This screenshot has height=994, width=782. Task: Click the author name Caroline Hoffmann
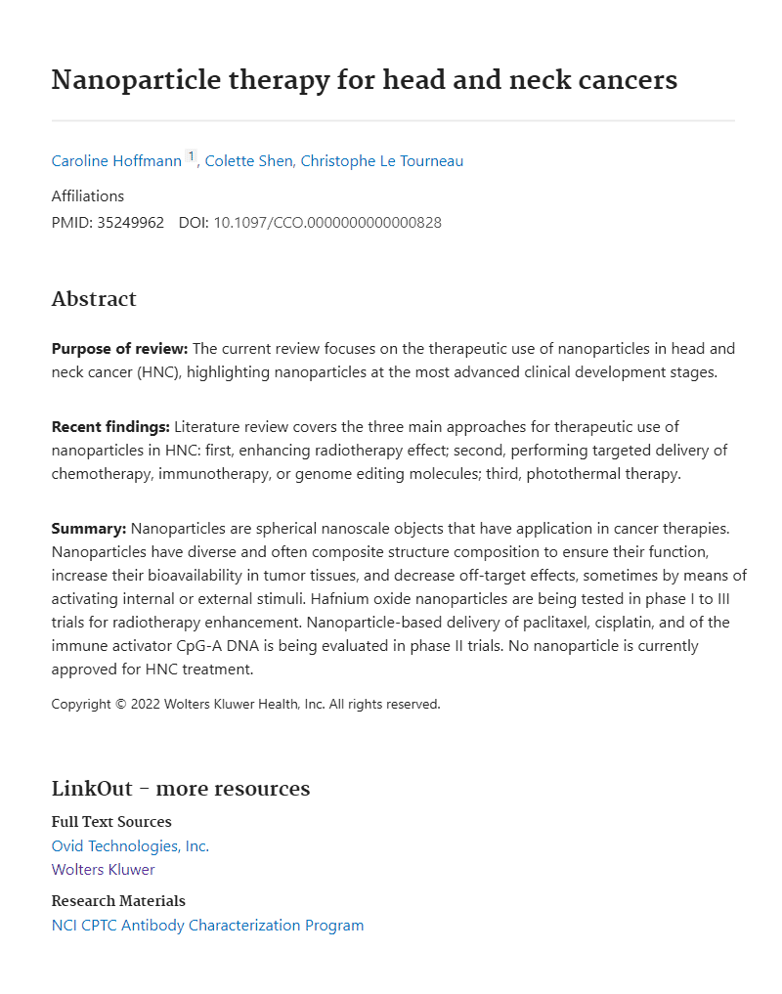pyautogui.click(x=116, y=161)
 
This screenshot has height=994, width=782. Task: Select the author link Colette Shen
pyautogui.click(x=248, y=161)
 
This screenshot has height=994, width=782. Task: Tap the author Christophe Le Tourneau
pyautogui.click(x=382, y=161)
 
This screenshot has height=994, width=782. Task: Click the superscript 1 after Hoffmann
pyautogui.click(x=192, y=156)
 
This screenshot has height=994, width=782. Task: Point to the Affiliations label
pyautogui.click(x=88, y=195)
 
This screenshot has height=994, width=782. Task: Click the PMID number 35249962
pyautogui.click(x=130, y=222)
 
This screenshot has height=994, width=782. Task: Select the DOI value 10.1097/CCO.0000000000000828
pyautogui.click(x=327, y=222)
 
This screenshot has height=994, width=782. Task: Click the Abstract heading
pyautogui.click(x=94, y=299)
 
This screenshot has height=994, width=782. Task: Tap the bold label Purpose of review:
pyautogui.click(x=119, y=349)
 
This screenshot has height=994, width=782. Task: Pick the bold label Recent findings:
pyautogui.click(x=110, y=426)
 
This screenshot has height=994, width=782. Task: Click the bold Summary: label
pyautogui.click(x=89, y=529)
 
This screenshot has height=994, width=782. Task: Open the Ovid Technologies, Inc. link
pyautogui.click(x=130, y=846)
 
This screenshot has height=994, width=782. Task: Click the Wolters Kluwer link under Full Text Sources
pyautogui.click(x=103, y=870)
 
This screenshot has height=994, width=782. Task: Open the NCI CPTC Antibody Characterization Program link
pyautogui.click(x=207, y=926)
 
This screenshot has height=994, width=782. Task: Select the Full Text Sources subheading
pyautogui.click(x=111, y=822)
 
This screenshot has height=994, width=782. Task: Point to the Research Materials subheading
pyautogui.click(x=118, y=901)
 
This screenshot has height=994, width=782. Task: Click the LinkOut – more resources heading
pyautogui.click(x=180, y=789)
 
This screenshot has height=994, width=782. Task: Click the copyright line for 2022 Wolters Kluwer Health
pyautogui.click(x=245, y=704)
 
